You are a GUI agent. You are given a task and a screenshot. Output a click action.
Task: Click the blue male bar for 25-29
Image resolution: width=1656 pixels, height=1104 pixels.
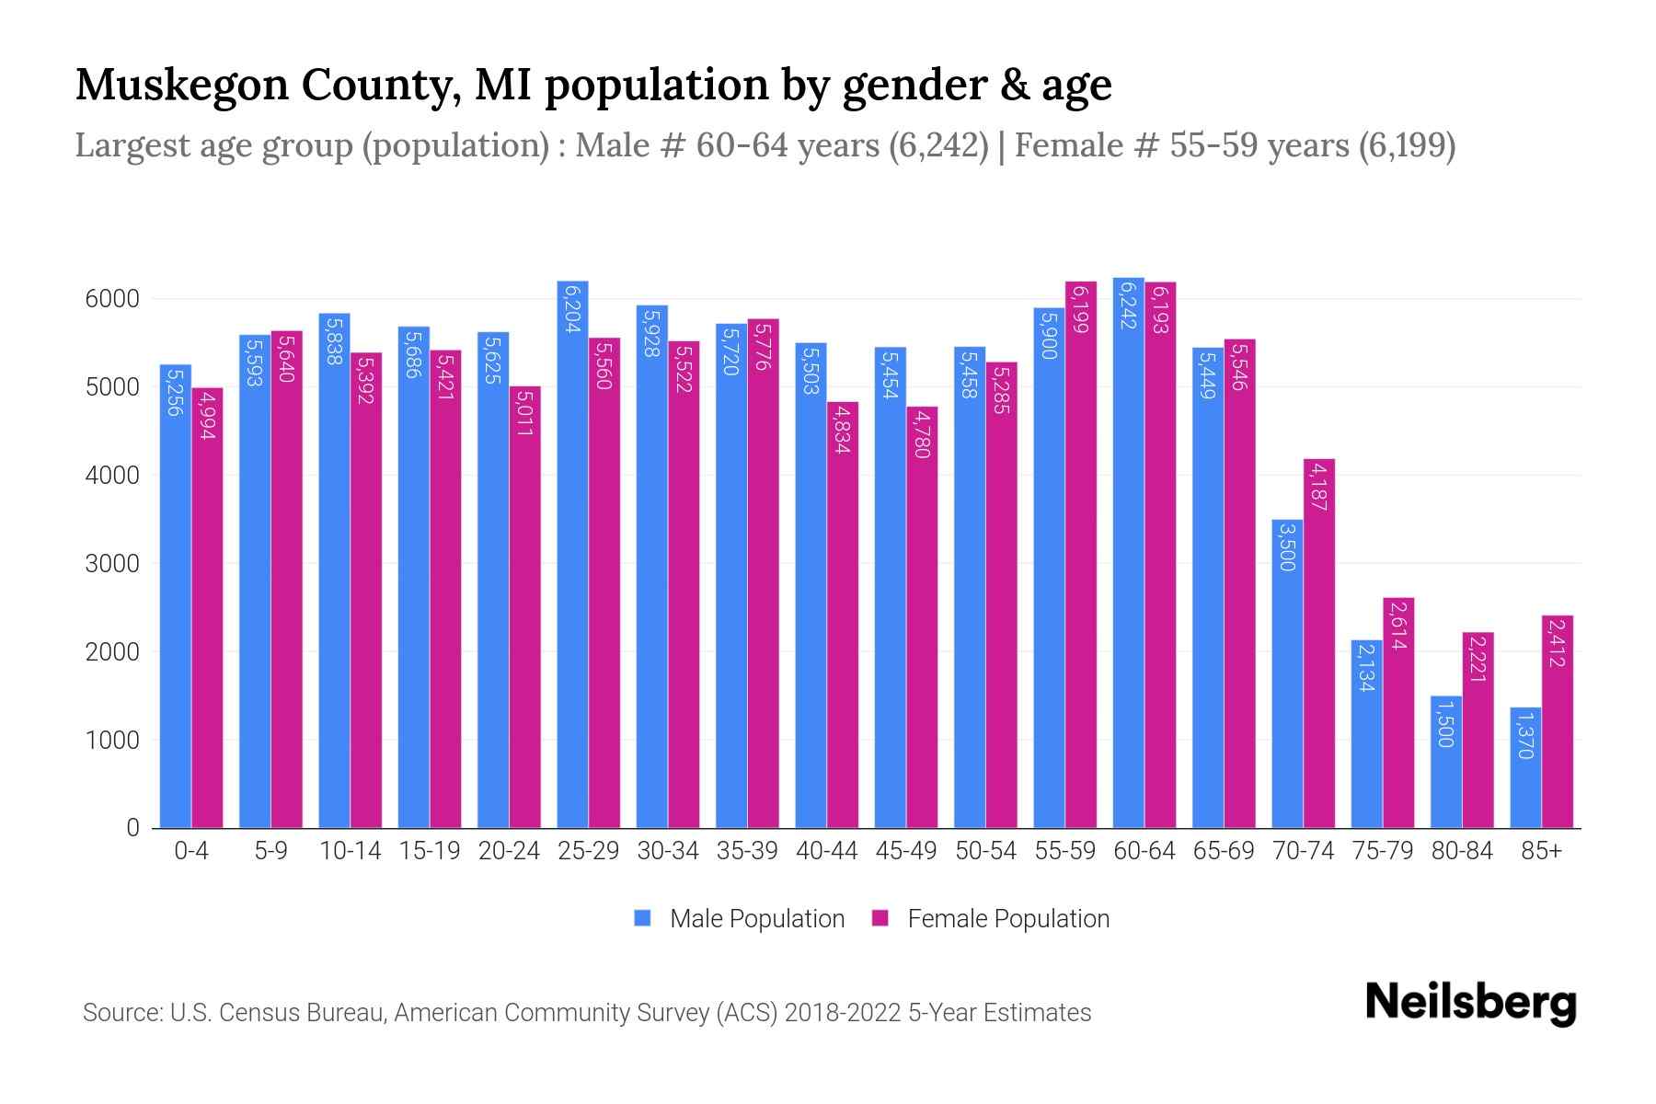click(x=572, y=555)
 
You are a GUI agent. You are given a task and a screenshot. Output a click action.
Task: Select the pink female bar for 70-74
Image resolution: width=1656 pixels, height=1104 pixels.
click(x=1319, y=644)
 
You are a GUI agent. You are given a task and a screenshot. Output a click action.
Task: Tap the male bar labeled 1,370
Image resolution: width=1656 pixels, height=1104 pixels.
click(x=1525, y=768)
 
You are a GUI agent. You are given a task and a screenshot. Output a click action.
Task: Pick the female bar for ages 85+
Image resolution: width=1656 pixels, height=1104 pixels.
click(x=1558, y=722)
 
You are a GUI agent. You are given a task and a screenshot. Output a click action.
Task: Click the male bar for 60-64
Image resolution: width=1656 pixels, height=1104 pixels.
click(x=1128, y=553)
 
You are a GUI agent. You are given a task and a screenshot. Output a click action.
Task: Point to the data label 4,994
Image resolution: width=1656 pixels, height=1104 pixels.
click(x=208, y=415)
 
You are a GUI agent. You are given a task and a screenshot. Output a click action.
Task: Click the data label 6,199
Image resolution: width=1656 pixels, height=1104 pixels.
click(x=1081, y=309)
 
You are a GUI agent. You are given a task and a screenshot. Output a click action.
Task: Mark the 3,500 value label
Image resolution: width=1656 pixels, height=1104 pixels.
click(x=1287, y=546)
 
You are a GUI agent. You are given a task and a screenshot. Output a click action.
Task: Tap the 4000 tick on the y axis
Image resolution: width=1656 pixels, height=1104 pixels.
click(x=112, y=476)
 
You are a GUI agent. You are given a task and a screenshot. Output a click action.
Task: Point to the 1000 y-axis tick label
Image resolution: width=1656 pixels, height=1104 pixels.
click(x=112, y=741)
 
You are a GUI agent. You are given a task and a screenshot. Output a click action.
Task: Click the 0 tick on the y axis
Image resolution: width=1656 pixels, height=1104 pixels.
click(x=133, y=828)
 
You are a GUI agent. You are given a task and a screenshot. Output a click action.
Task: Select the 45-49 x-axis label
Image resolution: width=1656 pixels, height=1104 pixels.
click(x=906, y=851)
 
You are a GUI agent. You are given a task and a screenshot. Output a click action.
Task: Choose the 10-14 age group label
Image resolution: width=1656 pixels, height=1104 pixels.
click(x=350, y=851)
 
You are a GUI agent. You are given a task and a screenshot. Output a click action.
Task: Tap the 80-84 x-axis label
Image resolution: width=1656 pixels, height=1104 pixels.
click(x=1462, y=851)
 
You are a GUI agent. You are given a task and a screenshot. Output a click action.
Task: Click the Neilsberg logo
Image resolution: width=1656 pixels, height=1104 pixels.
click(x=1470, y=1003)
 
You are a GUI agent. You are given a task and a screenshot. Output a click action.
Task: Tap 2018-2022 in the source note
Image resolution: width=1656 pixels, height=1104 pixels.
click(x=842, y=1013)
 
